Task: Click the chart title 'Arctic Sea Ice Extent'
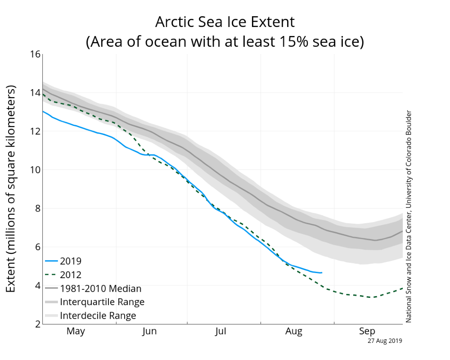point(225,22)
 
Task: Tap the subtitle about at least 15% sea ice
point(225,42)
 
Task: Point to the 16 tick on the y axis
point(35,54)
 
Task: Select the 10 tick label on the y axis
point(35,170)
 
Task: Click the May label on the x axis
point(76,332)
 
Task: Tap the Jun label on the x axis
point(149,332)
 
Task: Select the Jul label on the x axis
point(220,332)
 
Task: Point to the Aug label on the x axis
point(294,332)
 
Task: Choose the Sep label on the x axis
point(367,332)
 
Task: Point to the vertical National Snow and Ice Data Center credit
point(409,216)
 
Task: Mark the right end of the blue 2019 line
point(321,273)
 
